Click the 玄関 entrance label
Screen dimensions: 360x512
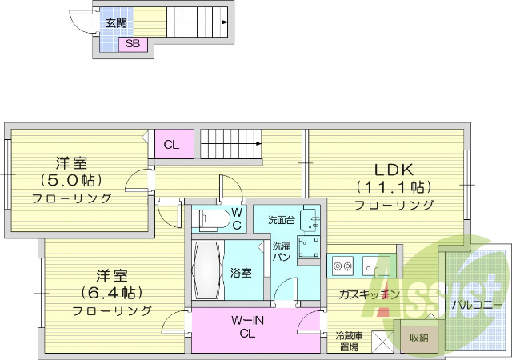pos(116,22)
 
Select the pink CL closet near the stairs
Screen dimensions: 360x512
pos(172,144)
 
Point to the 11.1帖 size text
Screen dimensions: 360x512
pos(394,187)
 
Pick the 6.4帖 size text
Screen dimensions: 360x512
pos(112,292)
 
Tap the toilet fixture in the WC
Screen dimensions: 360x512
pos(212,218)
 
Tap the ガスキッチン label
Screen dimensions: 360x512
pos(369,294)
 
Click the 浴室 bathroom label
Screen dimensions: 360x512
pos(242,273)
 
